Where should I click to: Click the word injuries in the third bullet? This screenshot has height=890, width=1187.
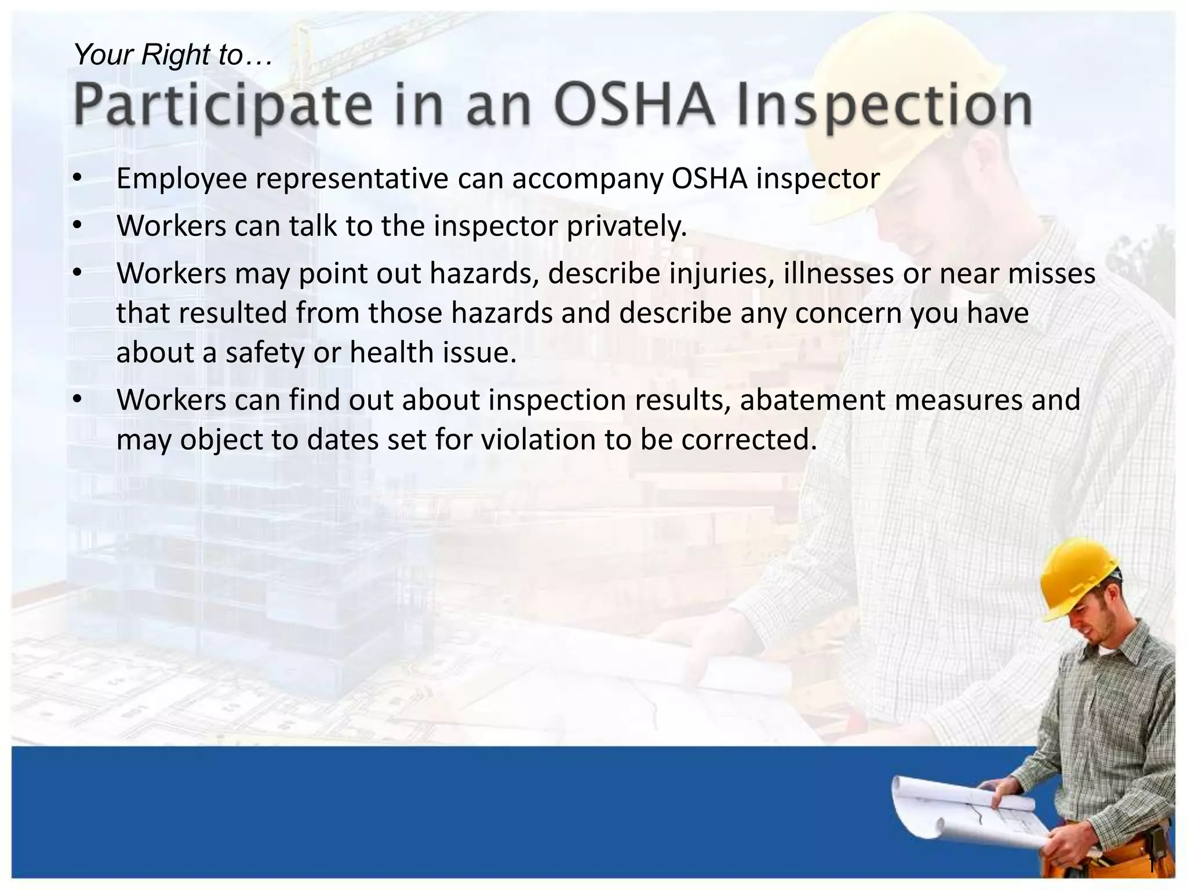[722, 273]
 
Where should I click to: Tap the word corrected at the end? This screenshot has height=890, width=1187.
[749, 439]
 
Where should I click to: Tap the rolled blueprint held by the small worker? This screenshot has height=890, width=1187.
[962, 811]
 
